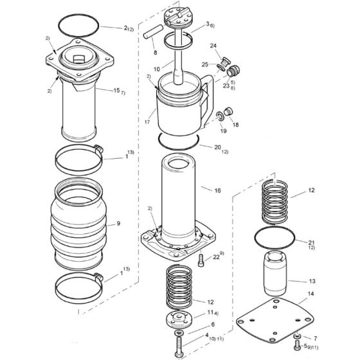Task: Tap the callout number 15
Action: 116,91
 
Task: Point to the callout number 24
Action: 213,46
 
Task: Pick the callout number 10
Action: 156,69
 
